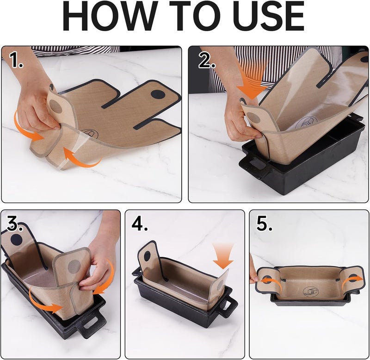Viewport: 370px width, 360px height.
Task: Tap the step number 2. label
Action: (x=206, y=61)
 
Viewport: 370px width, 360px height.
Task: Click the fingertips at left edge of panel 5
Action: (x=253, y=278)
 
